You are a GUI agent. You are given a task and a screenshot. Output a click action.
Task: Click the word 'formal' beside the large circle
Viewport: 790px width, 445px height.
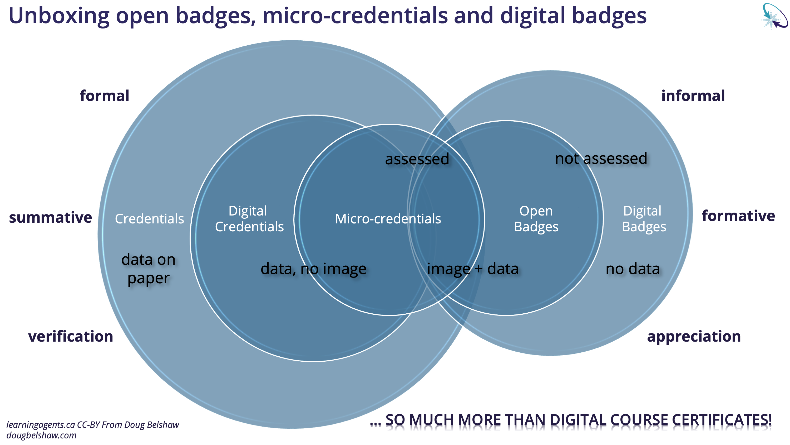(104, 96)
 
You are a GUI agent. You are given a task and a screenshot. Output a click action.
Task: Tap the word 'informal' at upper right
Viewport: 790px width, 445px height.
(693, 96)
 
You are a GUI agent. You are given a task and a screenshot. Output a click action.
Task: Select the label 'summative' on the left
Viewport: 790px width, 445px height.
(50, 217)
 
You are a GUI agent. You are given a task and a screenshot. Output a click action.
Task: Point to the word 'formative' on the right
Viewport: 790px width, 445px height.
(738, 216)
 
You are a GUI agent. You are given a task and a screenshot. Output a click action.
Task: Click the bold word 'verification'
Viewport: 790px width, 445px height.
(71, 337)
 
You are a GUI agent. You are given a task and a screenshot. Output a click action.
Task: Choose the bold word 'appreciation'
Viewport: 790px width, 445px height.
(694, 337)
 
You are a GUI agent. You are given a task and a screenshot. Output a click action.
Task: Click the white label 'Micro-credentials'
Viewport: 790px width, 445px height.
(388, 219)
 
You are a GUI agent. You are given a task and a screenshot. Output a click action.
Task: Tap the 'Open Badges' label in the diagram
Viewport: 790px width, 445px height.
(536, 219)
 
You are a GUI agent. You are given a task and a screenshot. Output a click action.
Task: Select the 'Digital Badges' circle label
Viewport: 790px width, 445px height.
(643, 219)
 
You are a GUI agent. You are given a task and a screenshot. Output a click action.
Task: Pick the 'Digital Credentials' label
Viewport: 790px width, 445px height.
(249, 219)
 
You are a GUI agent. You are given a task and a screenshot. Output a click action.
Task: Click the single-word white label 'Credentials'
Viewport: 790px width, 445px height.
(149, 219)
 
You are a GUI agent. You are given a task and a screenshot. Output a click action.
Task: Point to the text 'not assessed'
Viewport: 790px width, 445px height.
(601, 159)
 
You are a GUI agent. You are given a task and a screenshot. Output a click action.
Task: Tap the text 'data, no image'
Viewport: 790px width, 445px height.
(313, 269)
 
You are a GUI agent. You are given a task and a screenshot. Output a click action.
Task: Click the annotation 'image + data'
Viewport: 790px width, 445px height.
(473, 269)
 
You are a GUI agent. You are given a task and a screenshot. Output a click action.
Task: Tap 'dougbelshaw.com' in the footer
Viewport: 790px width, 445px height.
(41, 436)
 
